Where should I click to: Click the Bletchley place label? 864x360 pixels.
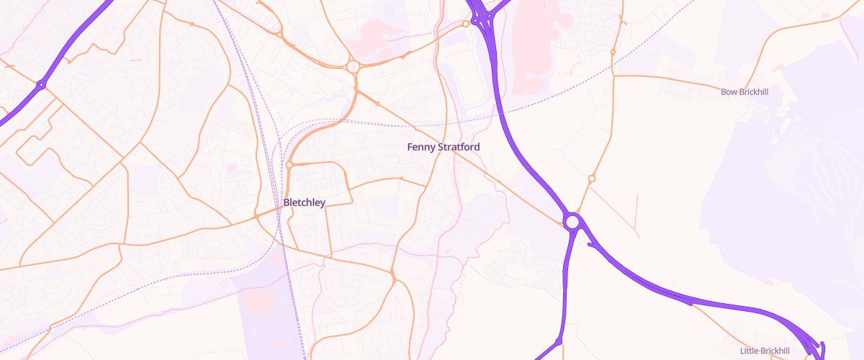304,202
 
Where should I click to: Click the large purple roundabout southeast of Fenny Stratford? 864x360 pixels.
572,222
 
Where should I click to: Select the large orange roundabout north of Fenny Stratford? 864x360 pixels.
353,67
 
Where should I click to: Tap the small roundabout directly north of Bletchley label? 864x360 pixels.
289,165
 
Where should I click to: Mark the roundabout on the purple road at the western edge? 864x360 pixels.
41,85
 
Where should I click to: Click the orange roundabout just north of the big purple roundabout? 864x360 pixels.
591,179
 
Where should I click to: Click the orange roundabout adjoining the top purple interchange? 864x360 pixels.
466,24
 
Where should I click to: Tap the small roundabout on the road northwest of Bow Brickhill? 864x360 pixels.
613,52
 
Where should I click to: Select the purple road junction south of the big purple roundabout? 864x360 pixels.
559,341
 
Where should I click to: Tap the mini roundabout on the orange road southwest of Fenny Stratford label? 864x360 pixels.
401,178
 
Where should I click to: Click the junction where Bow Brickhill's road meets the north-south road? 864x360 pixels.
613,73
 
